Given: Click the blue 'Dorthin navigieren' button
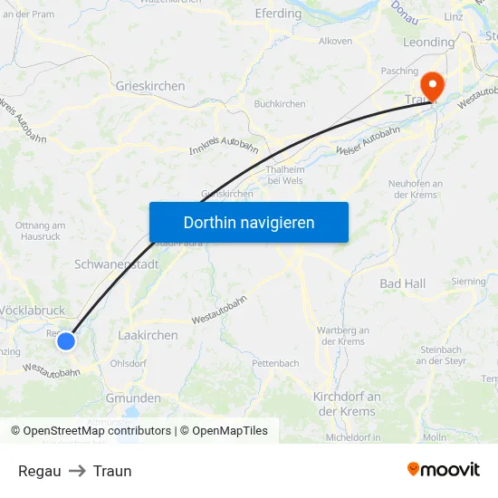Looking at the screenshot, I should (248, 222).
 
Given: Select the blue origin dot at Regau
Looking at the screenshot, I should (66, 341).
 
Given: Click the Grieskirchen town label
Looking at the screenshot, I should (150, 86).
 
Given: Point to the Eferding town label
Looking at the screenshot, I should (279, 14).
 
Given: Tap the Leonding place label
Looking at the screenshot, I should (428, 43).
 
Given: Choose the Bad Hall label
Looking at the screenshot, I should (402, 283).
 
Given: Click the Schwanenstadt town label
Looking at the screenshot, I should (117, 265).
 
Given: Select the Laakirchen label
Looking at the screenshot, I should (148, 335).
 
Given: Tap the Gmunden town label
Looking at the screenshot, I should (133, 398).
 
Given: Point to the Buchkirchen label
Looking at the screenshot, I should (280, 104).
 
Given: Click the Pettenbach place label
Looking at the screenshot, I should (275, 363).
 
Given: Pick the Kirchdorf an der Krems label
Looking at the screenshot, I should (347, 404).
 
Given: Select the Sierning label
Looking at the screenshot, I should (468, 282).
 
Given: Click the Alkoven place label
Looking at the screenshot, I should (335, 41).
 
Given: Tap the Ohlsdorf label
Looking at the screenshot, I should (128, 363).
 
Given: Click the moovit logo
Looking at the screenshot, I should (443, 469).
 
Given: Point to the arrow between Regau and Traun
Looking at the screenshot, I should (77, 471).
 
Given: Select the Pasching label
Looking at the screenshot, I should (399, 70).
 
